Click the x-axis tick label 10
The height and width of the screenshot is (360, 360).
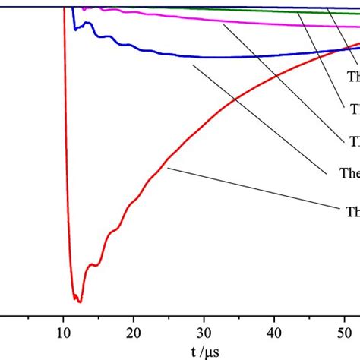(64, 332)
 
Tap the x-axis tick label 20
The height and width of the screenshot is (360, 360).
(134, 332)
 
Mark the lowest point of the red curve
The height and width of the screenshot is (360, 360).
(77, 302)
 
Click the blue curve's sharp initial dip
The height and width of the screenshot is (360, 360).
(74, 28)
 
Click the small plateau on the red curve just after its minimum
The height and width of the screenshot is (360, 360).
(93, 265)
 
